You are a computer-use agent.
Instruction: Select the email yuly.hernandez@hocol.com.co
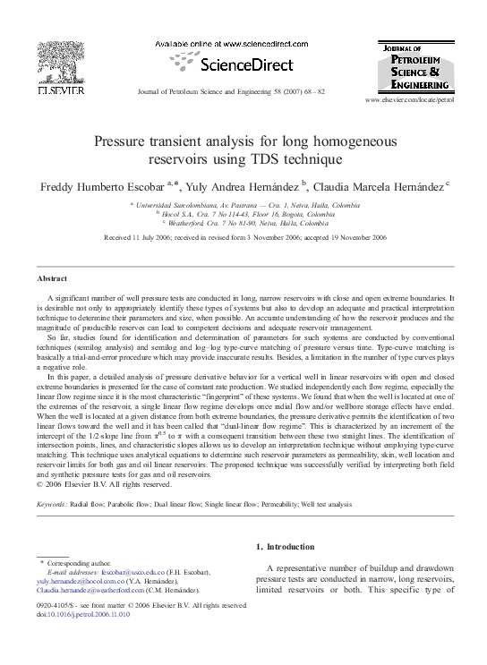78,581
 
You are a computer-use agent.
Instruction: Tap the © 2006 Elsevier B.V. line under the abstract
103,484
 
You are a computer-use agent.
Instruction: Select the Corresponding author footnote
79,561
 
